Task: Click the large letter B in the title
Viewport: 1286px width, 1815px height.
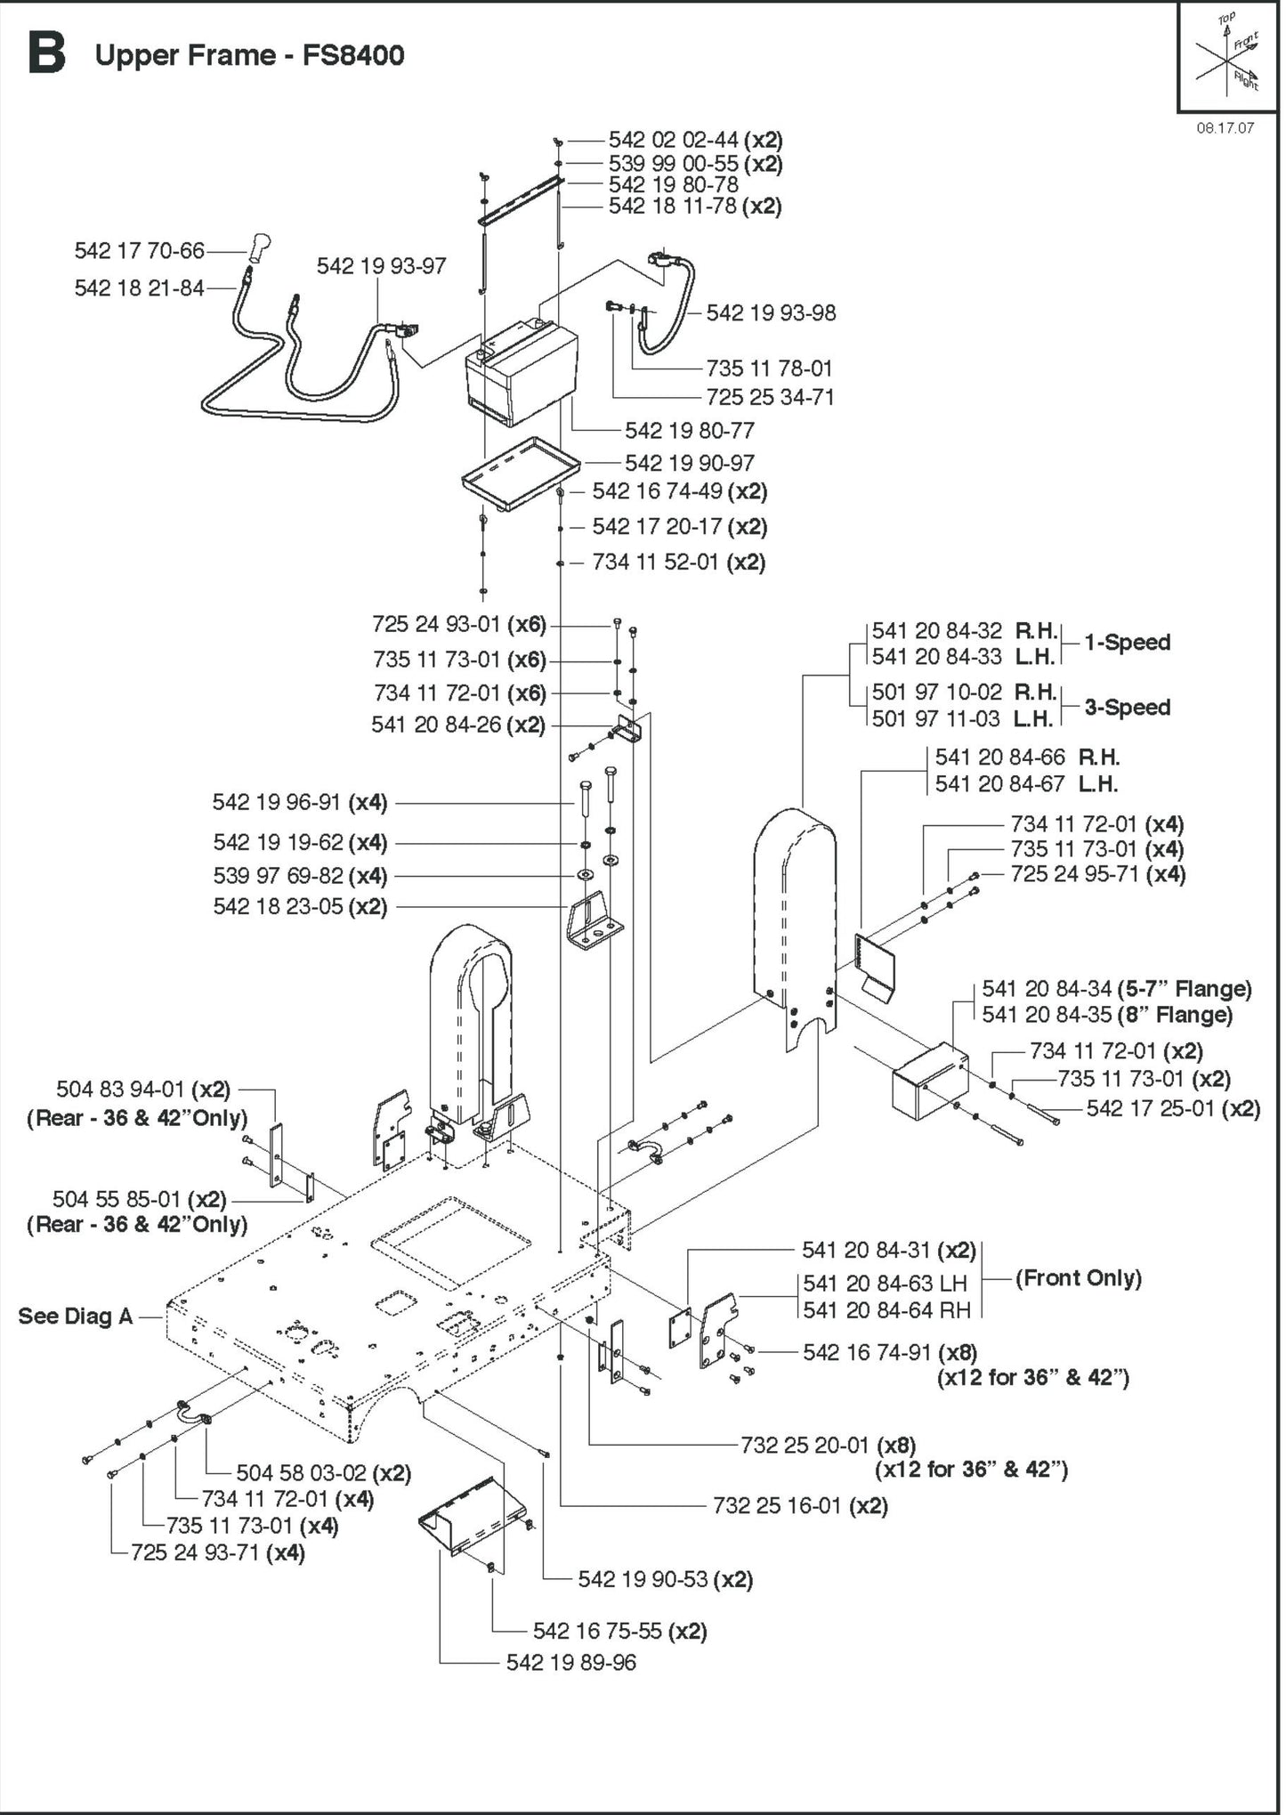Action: coord(46,53)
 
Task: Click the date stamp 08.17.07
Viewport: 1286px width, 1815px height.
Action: coord(1225,127)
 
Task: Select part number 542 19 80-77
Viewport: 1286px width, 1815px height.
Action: coord(689,431)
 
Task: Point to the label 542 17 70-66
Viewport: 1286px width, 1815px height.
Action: coord(140,251)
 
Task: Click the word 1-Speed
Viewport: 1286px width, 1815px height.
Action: coord(1127,643)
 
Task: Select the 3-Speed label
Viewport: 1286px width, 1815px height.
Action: coord(1127,708)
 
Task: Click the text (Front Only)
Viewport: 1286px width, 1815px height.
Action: coord(1078,1278)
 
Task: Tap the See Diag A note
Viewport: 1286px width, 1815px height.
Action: coord(75,1317)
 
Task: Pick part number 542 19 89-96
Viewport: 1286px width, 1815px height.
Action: coord(570,1663)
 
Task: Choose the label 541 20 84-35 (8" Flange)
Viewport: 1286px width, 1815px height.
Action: coord(1107,1015)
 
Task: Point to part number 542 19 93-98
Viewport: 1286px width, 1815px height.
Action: coord(771,313)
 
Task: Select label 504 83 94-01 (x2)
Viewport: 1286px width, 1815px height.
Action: coord(143,1090)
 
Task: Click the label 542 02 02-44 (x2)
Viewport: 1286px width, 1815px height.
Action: coord(695,140)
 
